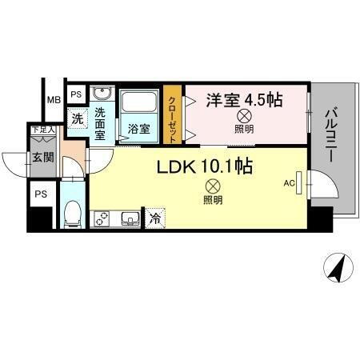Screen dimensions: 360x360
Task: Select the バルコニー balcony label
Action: pyautogui.click(x=330, y=137)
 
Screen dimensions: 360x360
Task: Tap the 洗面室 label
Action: pyautogui.click(x=100, y=123)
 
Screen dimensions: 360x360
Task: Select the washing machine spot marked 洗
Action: pyautogui.click(x=77, y=118)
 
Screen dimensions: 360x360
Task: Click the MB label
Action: pyautogui.click(x=53, y=100)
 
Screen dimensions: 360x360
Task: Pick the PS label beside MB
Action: pyautogui.click(x=76, y=94)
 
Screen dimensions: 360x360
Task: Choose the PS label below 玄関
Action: pyautogui.click(x=40, y=193)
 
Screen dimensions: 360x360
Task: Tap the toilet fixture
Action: pyautogui.click(x=71, y=213)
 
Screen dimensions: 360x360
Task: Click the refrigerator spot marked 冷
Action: pyautogui.click(x=154, y=218)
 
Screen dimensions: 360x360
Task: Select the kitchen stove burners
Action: pyautogui.click(x=102, y=217)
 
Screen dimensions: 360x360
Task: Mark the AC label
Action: pyautogui.click(x=289, y=183)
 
